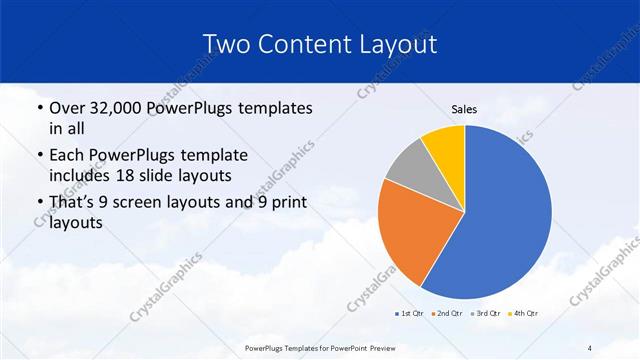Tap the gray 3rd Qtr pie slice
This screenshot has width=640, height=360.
pos(408,170)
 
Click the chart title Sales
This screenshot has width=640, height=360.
pos(463,110)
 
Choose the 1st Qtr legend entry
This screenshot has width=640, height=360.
pos(410,314)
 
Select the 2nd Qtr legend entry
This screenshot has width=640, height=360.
pos(446,314)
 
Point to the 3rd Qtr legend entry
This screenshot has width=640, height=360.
pos(485,314)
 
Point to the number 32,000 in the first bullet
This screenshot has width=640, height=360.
pos(119,108)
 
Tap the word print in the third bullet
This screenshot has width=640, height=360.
pos(288,203)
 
